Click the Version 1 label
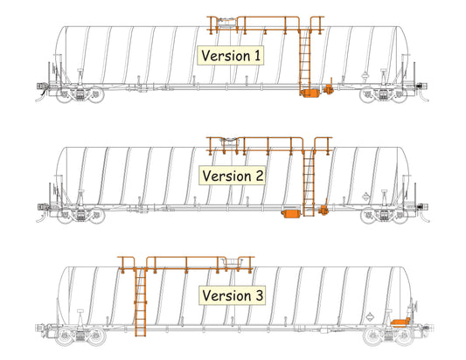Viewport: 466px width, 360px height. [x=230, y=56]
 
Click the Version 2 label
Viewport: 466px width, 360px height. [x=232, y=176]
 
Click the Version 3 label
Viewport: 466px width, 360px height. [x=232, y=295]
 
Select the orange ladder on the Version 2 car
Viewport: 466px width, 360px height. [x=309, y=183]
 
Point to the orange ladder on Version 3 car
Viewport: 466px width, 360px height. [x=140, y=302]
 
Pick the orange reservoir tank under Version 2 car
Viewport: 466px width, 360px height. [x=291, y=213]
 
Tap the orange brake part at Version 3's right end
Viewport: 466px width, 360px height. [x=401, y=322]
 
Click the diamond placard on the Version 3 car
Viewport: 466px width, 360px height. [x=370, y=316]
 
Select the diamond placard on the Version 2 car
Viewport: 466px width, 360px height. [x=365, y=197]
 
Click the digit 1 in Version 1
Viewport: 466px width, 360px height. [x=257, y=56]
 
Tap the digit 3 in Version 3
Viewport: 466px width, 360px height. [x=259, y=296]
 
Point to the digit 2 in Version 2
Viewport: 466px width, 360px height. [x=259, y=176]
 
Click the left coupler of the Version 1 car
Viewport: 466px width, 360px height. [x=40, y=87]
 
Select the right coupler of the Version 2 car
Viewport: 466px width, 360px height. [x=423, y=207]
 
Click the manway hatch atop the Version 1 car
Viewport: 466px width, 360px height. [x=226, y=23]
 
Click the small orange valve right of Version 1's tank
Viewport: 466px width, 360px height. [x=329, y=89]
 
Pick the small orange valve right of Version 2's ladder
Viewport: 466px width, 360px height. [x=323, y=210]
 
